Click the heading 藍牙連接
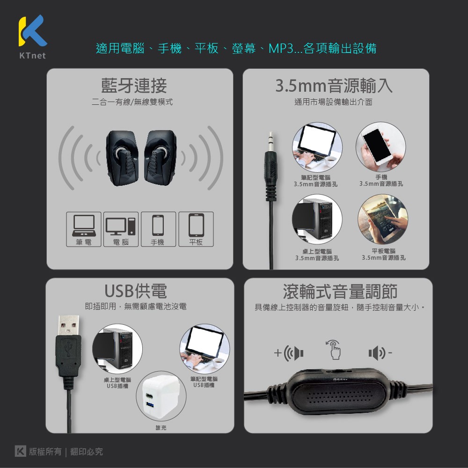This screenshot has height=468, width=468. pyautogui.click(x=134, y=86)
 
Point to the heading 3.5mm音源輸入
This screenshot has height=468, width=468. pyautogui.click(x=334, y=86)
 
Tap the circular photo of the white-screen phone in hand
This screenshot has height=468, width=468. pyautogui.click(x=380, y=146)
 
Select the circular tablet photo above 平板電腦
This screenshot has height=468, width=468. pyautogui.click(x=382, y=219)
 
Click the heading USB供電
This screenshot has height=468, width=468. pyautogui.click(x=136, y=291)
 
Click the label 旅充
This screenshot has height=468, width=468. pyautogui.click(x=161, y=427)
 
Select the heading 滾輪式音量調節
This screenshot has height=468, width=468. pyautogui.click(x=340, y=292)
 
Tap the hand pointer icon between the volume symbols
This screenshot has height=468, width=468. pyautogui.click(x=334, y=350)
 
